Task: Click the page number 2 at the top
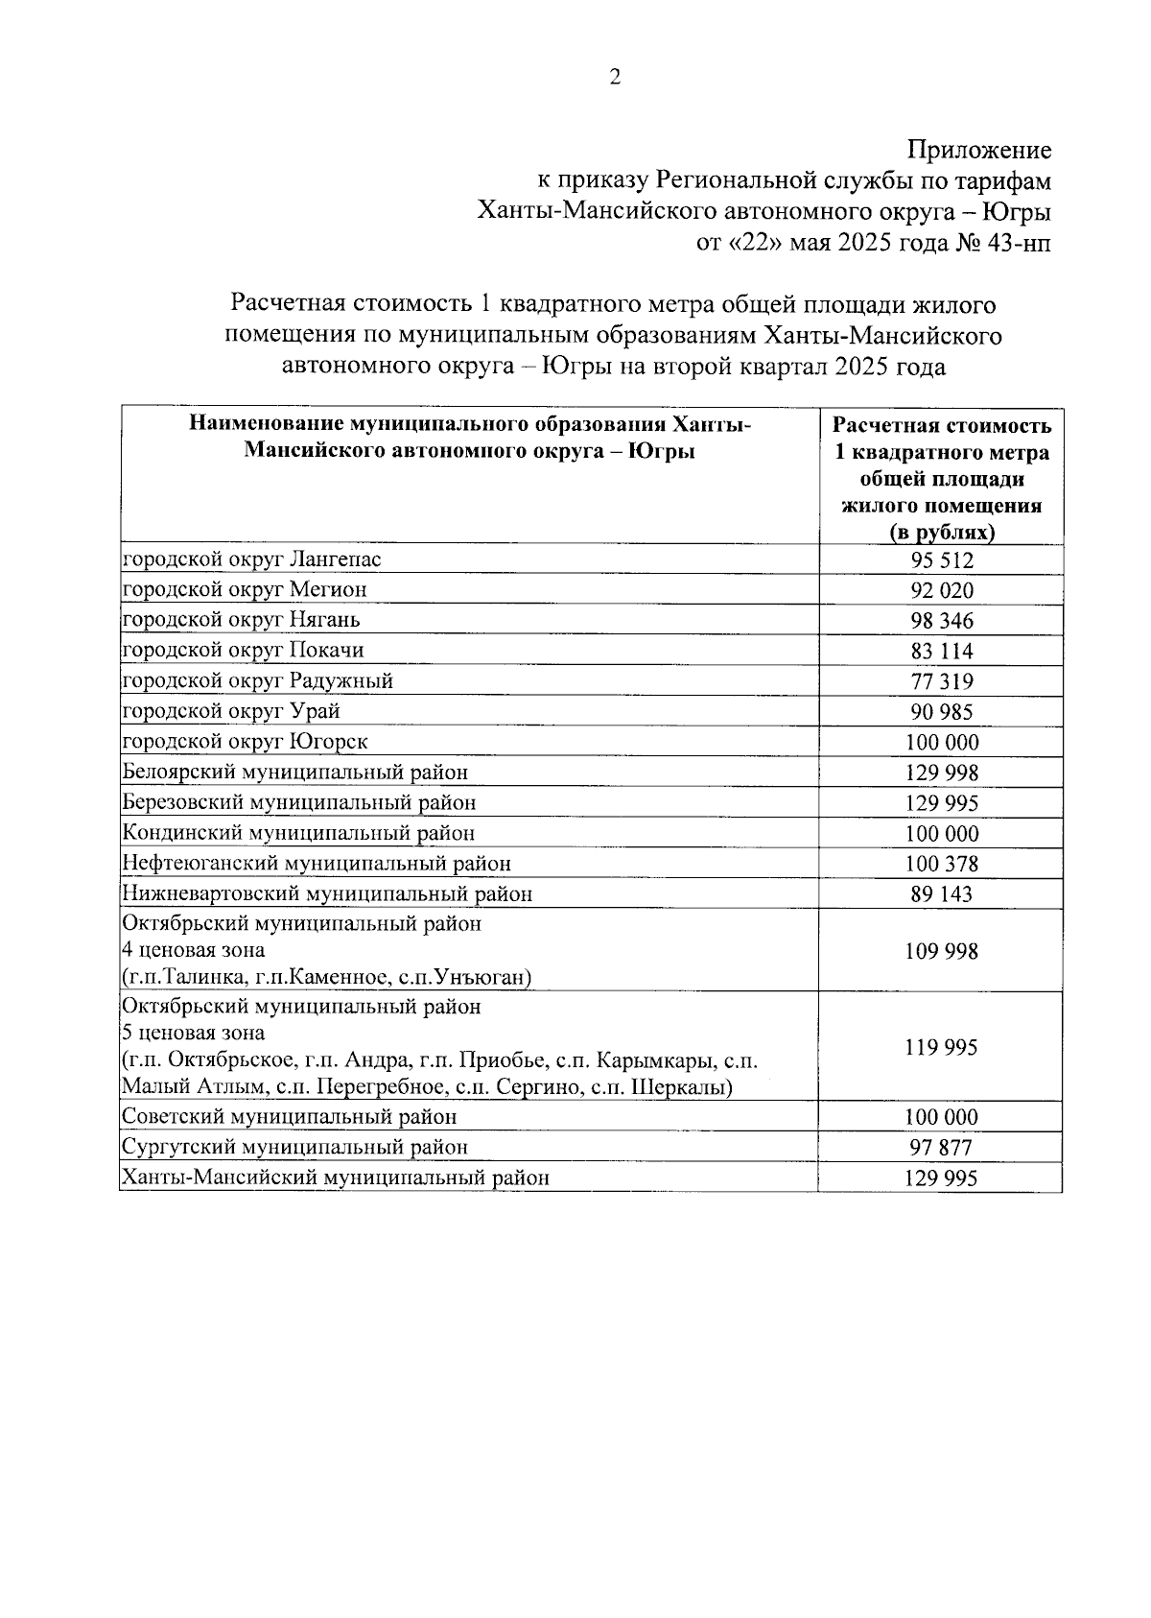615,78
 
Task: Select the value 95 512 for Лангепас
941,560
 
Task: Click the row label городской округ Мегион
244,588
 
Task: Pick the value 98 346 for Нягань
941,621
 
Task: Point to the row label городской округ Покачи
243,650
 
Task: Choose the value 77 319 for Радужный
941,682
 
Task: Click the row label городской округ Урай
230,711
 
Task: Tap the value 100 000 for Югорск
941,743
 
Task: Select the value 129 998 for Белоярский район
941,773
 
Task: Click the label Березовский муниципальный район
298,802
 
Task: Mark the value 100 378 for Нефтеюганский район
941,865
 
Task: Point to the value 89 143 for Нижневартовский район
941,894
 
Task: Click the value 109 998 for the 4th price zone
941,951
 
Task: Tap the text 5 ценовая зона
193,1034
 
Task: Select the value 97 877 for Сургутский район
941,1148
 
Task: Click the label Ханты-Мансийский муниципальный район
335,1178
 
